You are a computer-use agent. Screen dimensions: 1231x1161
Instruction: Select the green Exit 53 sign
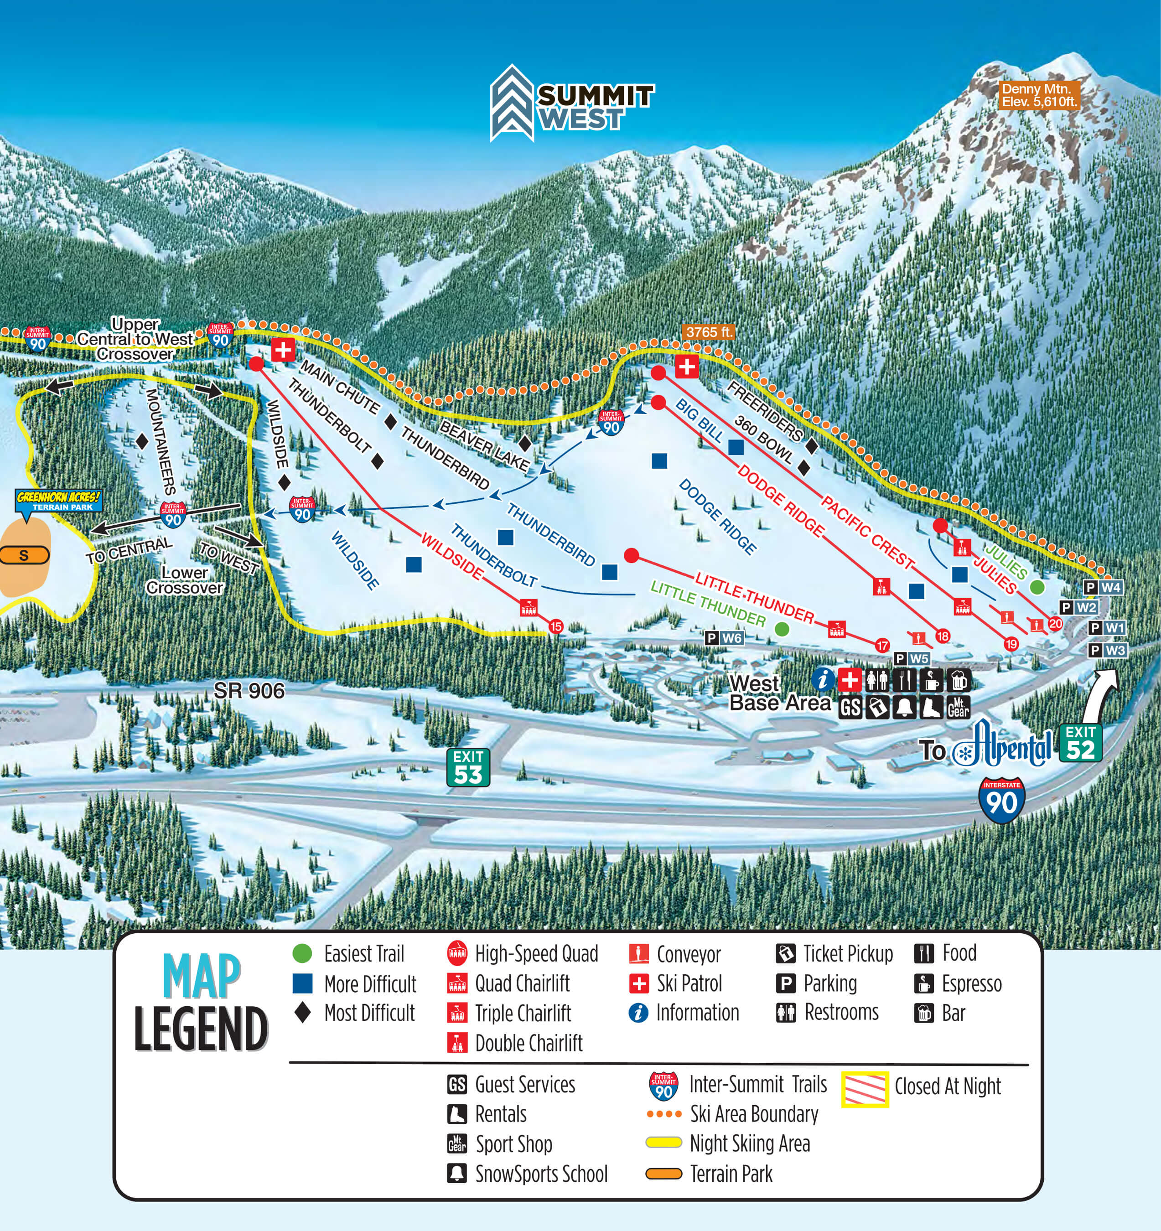[468, 767]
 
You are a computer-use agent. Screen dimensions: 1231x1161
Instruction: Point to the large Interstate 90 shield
[1001, 801]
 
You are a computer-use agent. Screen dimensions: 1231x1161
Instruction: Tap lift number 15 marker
[555, 626]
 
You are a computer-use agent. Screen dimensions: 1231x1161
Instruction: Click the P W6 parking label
[724, 638]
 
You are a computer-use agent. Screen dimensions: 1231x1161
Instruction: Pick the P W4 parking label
[1103, 587]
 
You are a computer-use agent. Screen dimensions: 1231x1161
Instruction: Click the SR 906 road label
[249, 690]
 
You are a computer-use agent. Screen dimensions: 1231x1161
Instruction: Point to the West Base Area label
[779, 693]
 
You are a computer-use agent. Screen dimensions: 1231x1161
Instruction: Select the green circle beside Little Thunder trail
[782, 629]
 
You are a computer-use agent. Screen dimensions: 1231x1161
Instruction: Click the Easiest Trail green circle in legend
[302, 953]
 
